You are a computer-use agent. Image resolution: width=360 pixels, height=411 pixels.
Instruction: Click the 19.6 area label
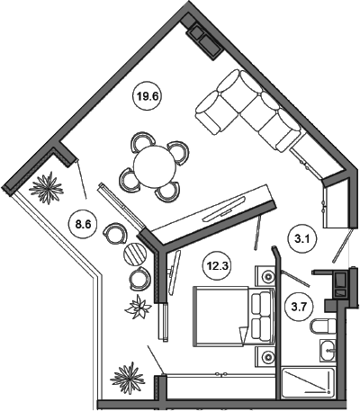(x=148, y=96)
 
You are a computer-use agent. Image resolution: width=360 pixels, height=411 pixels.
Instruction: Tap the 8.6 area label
(x=83, y=224)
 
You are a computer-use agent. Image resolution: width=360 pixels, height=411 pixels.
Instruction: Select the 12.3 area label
(x=217, y=265)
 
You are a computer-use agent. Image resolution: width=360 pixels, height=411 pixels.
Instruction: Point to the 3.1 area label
(x=301, y=239)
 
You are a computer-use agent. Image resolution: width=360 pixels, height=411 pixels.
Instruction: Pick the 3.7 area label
(x=299, y=307)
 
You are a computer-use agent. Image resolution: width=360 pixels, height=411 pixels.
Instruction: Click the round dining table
(x=155, y=166)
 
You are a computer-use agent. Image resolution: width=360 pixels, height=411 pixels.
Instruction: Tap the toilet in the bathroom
(x=323, y=326)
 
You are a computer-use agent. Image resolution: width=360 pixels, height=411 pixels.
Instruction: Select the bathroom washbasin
(x=328, y=350)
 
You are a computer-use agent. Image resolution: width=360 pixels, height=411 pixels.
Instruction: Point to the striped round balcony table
(x=135, y=254)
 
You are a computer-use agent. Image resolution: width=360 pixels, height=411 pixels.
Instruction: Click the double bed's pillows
(x=261, y=317)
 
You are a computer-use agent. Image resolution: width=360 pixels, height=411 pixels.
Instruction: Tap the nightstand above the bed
(x=265, y=275)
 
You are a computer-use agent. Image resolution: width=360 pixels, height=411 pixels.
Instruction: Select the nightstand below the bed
(x=265, y=357)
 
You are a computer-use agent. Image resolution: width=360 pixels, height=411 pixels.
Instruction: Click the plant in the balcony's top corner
(x=47, y=188)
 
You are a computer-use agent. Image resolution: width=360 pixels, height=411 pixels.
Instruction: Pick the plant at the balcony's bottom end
(x=129, y=378)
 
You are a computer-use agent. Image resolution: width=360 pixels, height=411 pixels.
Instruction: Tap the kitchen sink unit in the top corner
(x=204, y=40)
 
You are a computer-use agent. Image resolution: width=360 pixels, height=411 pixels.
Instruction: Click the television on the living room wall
(x=225, y=209)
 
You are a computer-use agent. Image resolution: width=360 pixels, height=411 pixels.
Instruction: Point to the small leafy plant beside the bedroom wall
(x=138, y=307)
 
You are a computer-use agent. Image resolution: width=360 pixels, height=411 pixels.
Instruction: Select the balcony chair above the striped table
(x=114, y=234)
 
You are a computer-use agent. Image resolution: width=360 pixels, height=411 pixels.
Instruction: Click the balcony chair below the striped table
(x=139, y=279)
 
